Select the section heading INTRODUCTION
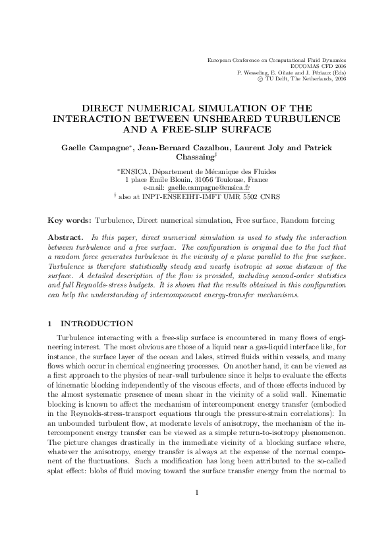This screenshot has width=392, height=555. (97, 324)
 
